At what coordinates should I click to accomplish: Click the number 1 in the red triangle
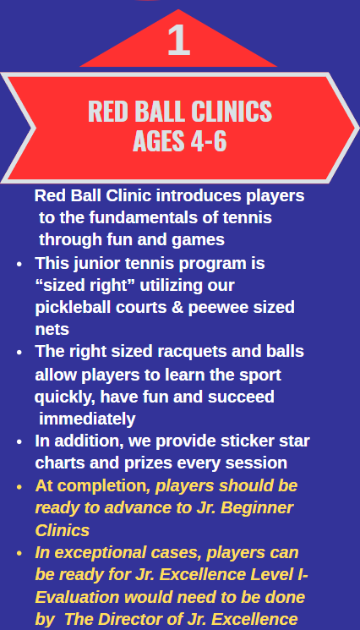pos(178,40)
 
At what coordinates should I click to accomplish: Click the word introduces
pos(199,195)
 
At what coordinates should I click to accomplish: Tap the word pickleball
pos(73,308)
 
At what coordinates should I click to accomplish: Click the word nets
pos(52,330)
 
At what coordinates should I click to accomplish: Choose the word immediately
pos(87,419)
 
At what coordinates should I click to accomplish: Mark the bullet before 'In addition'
pos(19,441)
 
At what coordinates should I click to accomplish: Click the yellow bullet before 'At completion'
pos(19,487)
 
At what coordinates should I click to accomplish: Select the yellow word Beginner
pos(257,508)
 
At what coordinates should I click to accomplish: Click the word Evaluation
pos(77,598)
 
